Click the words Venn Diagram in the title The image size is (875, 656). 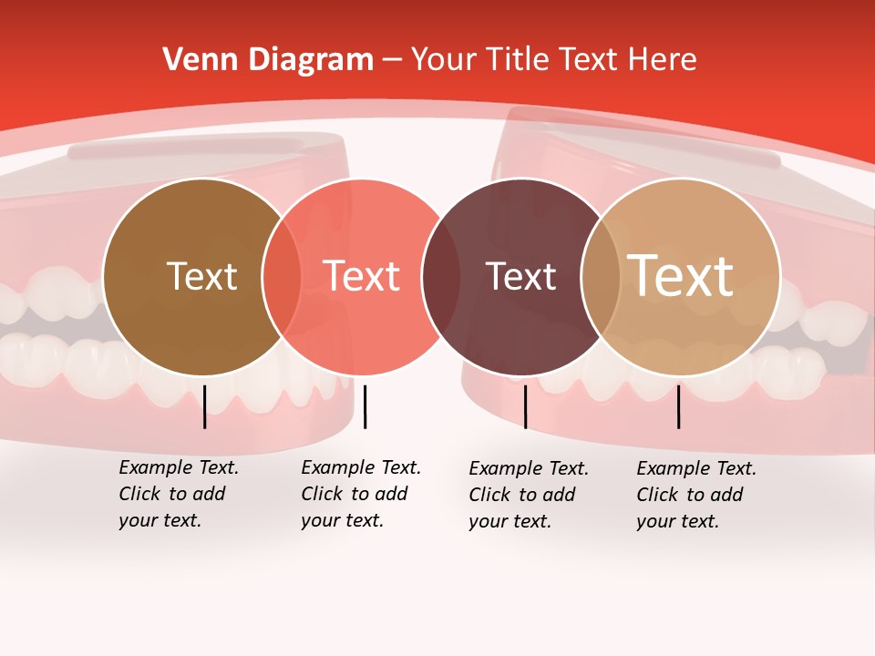268,60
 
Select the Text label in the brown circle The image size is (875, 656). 201,276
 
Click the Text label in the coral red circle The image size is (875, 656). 362,276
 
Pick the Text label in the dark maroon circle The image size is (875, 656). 521,276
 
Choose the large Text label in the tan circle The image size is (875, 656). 681,276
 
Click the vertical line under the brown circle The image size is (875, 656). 204,406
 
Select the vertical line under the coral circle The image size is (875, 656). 365,406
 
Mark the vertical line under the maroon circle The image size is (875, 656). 525,406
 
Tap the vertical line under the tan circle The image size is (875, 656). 678,406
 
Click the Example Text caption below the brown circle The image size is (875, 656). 178,494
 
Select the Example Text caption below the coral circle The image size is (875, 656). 360,494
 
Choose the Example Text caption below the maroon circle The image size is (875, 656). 528,495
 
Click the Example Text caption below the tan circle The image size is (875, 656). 695,495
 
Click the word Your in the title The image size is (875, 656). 444,60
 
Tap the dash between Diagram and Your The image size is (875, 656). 392,60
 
